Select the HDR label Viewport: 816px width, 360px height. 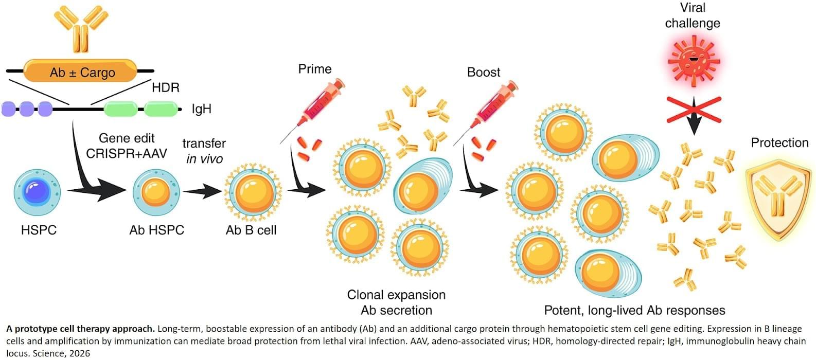(x=165, y=87)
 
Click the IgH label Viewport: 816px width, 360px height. (x=201, y=109)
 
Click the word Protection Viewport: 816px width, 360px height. (x=779, y=142)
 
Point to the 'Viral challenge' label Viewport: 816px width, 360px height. (x=693, y=15)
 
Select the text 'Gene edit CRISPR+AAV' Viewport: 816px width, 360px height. (x=127, y=146)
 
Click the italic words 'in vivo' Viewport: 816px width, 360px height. (x=204, y=159)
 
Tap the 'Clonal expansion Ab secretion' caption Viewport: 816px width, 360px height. (x=396, y=302)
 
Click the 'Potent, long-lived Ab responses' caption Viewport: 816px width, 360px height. (x=634, y=310)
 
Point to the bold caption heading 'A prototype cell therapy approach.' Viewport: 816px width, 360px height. (x=80, y=329)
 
